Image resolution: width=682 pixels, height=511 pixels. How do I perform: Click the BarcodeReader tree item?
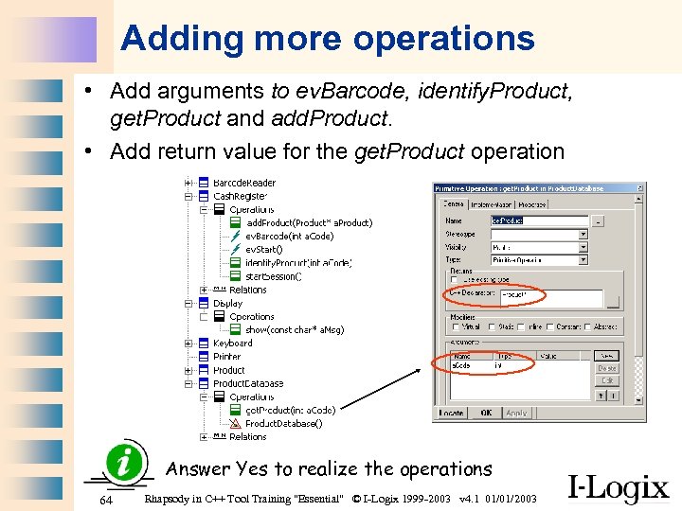(244, 183)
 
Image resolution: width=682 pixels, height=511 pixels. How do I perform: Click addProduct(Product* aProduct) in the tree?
(309, 222)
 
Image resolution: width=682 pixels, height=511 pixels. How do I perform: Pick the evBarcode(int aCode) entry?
(289, 236)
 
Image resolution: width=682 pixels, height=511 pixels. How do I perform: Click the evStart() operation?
(264, 249)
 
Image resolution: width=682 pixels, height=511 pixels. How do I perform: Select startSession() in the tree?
(273, 276)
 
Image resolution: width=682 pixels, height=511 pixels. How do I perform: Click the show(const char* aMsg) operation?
(295, 329)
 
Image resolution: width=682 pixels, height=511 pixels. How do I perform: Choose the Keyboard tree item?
(233, 344)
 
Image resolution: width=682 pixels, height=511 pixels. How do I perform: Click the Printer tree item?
(227, 357)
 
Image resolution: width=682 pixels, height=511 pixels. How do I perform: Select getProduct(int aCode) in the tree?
(290, 410)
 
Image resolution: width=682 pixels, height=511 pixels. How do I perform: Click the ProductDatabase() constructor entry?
(283, 423)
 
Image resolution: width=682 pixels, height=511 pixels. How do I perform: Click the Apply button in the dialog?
(516, 413)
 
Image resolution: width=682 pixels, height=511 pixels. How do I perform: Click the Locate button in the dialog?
(452, 413)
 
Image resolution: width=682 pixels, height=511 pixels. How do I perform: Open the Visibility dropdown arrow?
(583, 247)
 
